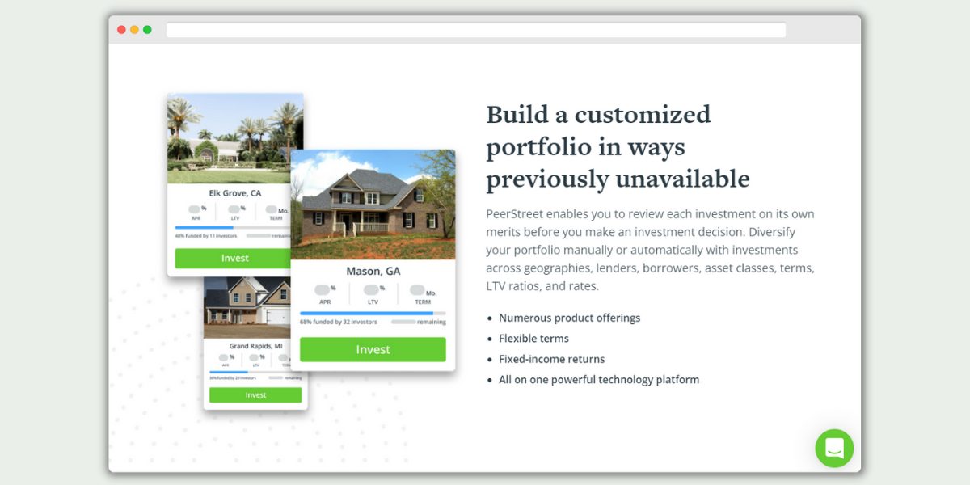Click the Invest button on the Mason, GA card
pyautogui.click(x=373, y=349)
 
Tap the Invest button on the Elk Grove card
pyautogui.click(x=234, y=258)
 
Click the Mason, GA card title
pyautogui.click(x=373, y=271)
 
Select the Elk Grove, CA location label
pyautogui.click(x=235, y=193)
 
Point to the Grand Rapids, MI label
pyautogui.click(x=255, y=346)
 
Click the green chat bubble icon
pyautogui.click(x=834, y=448)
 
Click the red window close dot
pyautogui.click(x=121, y=30)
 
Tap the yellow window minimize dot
pyautogui.click(x=134, y=30)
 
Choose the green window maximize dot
pyautogui.click(x=147, y=30)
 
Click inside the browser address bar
pyautogui.click(x=475, y=30)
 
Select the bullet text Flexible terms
pyautogui.click(x=533, y=339)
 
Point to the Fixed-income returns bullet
pyautogui.click(x=551, y=359)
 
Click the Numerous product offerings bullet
pyautogui.click(x=569, y=318)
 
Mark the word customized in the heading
pyautogui.click(x=642, y=114)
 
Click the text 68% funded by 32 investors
pyautogui.click(x=339, y=322)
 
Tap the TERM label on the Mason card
pyautogui.click(x=423, y=302)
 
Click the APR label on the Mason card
pyautogui.click(x=325, y=302)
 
